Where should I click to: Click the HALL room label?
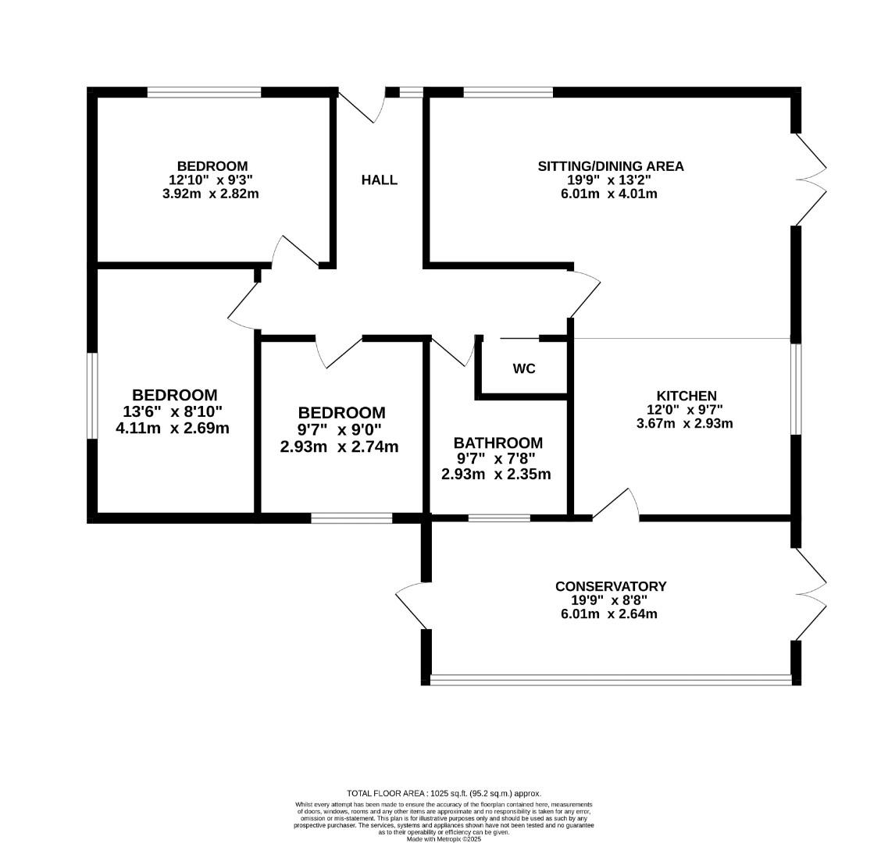[379, 180]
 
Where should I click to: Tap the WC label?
[524, 368]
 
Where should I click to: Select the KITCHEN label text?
[686, 396]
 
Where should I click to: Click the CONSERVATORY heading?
[610, 586]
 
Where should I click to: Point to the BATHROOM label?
[498, 443]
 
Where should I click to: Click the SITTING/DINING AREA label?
[610, 165]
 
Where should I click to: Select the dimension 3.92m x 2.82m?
[212, 194]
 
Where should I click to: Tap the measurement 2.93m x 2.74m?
[340, 446]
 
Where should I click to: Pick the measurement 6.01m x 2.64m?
[609, 614]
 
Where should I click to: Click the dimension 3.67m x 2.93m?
[685, 424]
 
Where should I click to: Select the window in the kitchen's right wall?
[795, 389]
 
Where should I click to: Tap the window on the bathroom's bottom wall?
[498, 518]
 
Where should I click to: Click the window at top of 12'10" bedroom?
[204, 92]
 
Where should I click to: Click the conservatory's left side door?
[412, 605]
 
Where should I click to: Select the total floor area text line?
[444, 793]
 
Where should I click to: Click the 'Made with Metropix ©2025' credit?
[444, 838]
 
